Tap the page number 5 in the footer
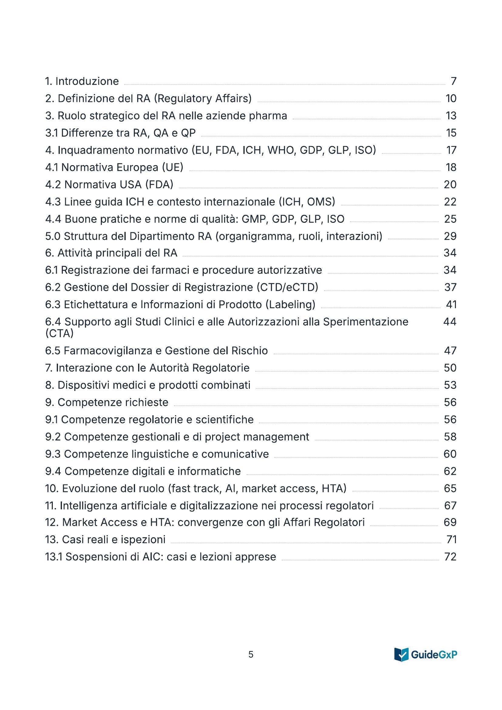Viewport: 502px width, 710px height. click(x=251, y=654)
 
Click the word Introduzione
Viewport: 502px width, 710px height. click(x=87, y=81)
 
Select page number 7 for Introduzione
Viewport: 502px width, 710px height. click(x=453, y=81)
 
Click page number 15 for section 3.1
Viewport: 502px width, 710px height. click(x=451, y=133)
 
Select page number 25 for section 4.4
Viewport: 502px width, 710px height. click(x=450, y=219)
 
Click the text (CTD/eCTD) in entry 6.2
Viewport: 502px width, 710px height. click(x=287, y=287)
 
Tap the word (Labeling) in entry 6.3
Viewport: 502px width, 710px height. click(x=290, y=304)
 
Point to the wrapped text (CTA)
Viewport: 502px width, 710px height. click(x=59, y=334)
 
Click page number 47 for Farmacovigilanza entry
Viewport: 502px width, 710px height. click(x=450, y=351)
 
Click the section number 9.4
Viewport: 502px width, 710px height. click(x=53, y=471)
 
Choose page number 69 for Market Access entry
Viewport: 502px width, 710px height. click(x=450, y=522)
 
